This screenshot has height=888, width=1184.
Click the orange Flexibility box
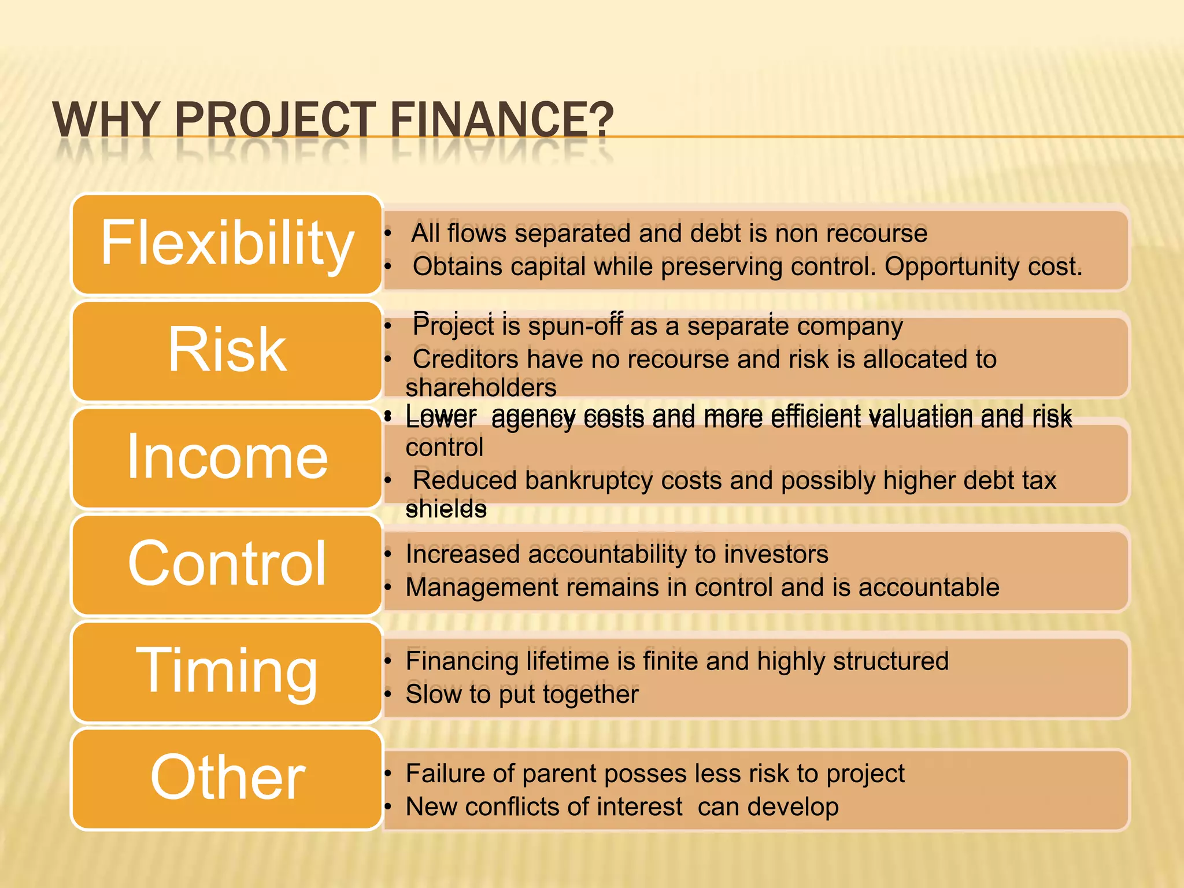click(x=227, y=244)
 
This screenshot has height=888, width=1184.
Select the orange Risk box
click(x=227, y=351)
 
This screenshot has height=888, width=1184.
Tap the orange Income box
click(x=227, y=458)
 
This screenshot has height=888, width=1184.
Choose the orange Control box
click(x=227, y=564)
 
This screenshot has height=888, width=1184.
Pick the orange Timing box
click(x=227, y=671)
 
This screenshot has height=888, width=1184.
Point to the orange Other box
click(x=227, y=779)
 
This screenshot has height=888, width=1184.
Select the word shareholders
click(x=481, y=387)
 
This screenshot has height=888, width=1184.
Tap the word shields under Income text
click(x=446, y=509)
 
